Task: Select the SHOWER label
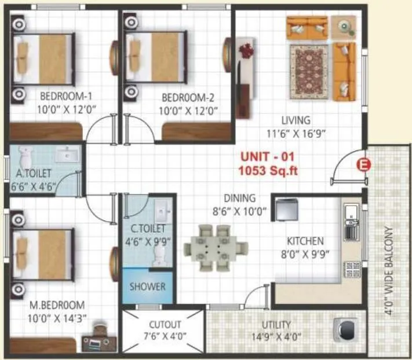(x=147, y=286)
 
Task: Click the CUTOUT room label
(x=165, y=325)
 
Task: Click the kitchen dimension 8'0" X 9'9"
(x=305, y=253)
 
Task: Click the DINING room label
(x=240, y=199)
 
